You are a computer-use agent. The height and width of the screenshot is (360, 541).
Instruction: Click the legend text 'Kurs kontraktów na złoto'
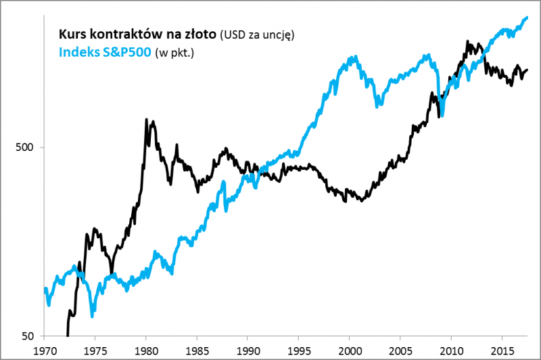138,33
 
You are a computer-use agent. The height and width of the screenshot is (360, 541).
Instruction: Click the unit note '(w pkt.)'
174,52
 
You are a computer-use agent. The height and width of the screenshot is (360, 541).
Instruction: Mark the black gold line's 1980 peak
147,120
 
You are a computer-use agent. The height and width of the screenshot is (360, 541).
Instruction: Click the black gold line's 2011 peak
468,42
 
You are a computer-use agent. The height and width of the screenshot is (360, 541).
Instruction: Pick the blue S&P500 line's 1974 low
92,316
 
